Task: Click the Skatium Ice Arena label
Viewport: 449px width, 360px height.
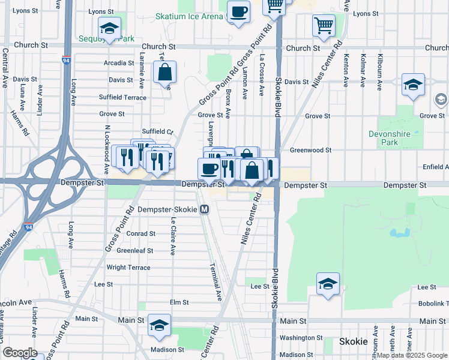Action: (188, 16)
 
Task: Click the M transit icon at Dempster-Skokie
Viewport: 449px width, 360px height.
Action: (205, 209)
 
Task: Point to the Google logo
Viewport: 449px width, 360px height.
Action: (20, 353)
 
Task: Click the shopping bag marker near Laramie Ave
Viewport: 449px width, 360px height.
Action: (164, 73)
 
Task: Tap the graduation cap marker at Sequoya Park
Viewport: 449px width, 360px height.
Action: (109, 28)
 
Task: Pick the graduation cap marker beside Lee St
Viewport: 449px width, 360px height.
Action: (328, 285)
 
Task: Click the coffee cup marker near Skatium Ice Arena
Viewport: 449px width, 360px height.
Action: (238, 11)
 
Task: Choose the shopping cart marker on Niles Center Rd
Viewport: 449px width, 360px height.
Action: (324, 26)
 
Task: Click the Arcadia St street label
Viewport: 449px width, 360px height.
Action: (118, 62)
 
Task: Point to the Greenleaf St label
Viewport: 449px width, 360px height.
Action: (135, 250)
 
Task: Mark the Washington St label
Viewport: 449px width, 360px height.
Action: (301, 338)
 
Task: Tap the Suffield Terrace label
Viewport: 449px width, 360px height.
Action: (122, 97)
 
